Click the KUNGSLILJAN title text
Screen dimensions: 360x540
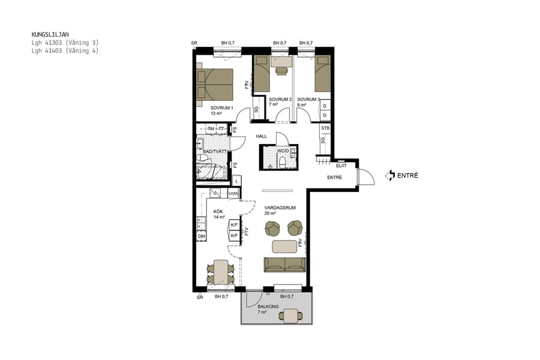[x=53, y=35]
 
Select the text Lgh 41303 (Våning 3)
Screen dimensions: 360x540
[x=65, y=43]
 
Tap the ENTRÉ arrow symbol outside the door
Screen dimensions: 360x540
[x=390, y=176]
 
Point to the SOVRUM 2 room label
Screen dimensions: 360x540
[x=280, y=99]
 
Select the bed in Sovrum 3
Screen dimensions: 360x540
[x=323, y=74]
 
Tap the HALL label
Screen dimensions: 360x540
[x=262, y=136]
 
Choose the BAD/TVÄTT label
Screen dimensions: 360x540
[x=215, y=152]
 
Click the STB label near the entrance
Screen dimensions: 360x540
[x=325, y=128]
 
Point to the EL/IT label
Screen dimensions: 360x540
[x=341, y=166]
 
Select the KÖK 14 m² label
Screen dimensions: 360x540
[x=219, y=214]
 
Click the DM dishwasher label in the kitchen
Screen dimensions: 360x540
[x=202, y=237]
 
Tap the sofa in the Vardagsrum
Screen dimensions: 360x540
[x=285, y=264]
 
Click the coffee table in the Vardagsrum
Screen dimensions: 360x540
[x=284, y=246]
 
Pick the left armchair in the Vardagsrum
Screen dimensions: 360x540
[x=273, y=229]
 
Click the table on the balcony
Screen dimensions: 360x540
[x=292, y=315]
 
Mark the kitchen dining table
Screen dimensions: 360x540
[x=220, y=272]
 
